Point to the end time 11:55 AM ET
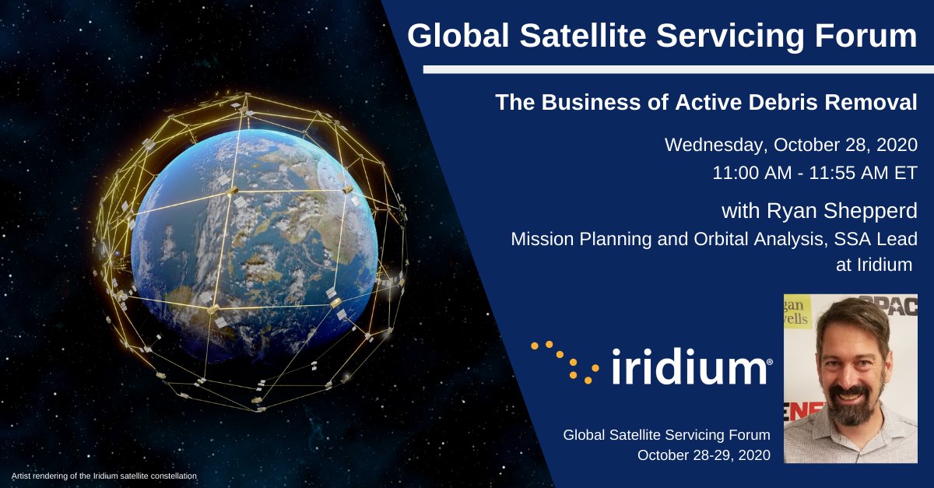tap(866, 173)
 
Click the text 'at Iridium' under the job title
tap(873, 265)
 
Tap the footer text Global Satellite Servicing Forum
tap(666, 434)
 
